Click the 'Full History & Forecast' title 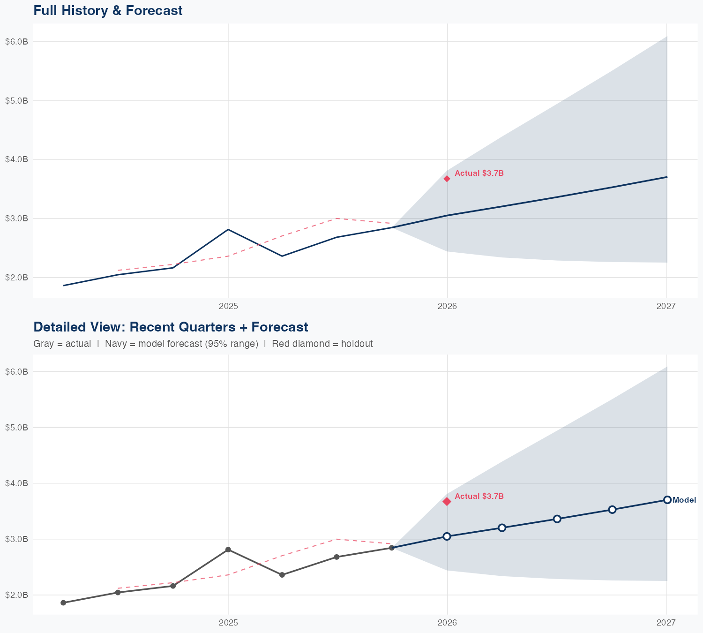[x=108, y=10]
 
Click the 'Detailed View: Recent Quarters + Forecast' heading [x=171, y=327]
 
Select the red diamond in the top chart [x=447, y=179]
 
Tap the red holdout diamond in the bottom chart [x=447, y=502]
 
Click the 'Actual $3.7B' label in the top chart [x=479, y=173]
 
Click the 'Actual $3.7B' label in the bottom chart [x=479, y=497]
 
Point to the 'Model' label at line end [x=684, y=500]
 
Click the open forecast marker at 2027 [x=667, y=500]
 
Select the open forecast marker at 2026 [x=447, y=536]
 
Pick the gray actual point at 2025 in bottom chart [x=228, y=550]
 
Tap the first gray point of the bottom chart [x=63, y=603]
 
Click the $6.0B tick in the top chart [x=17, y=42]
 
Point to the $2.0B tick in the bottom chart [x=17, y=595]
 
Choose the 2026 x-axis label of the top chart [x=447, y=307]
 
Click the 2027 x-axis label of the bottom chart [x=666, y=623]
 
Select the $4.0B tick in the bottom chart [x=17, y=483]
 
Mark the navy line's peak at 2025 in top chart [x=228, y=229]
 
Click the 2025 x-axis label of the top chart [x=229, y=307]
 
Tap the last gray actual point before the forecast [x=392, y=548]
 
